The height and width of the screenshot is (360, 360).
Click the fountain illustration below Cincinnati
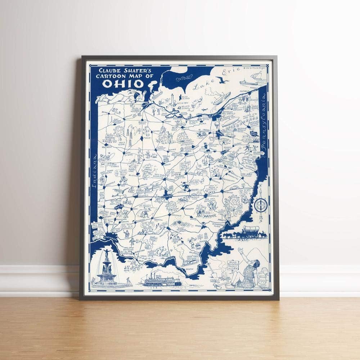point(109,268)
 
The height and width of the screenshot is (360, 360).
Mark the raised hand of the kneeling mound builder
point(240,251)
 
